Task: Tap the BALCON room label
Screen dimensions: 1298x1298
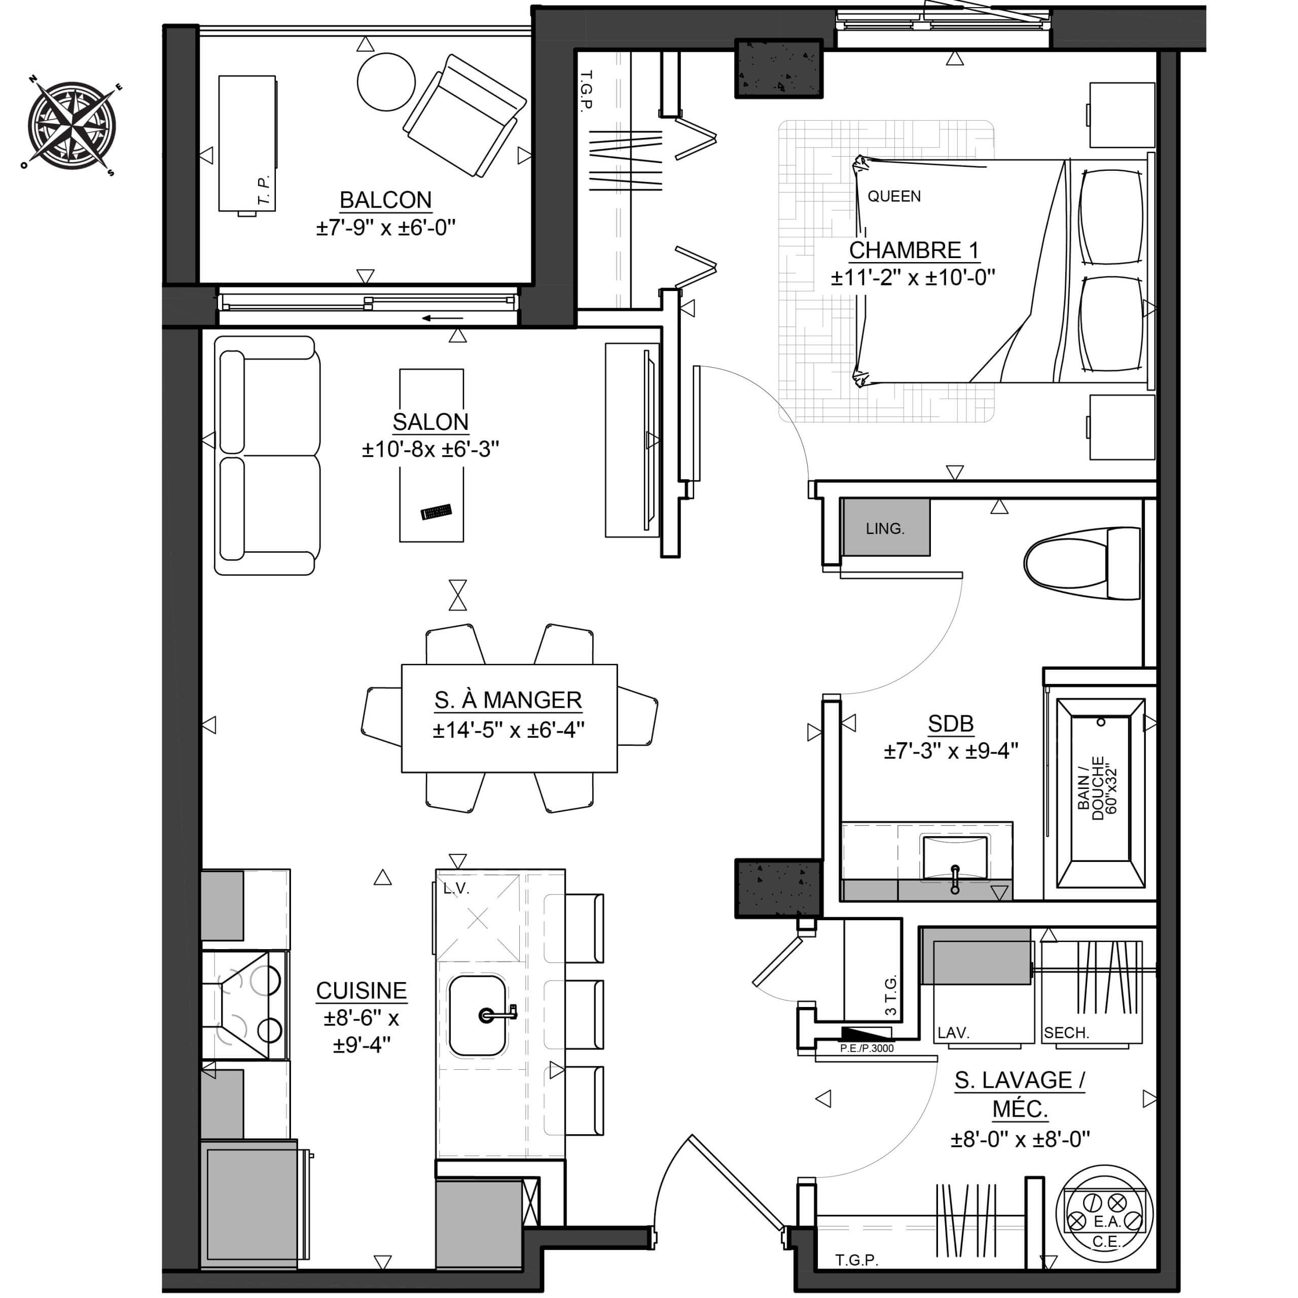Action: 386,200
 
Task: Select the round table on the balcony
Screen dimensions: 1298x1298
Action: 386,82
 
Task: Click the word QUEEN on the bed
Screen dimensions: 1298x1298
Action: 894,196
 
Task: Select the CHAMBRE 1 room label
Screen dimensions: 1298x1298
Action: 914,250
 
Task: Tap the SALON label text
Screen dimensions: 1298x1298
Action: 430,422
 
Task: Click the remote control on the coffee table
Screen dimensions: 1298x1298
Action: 436,512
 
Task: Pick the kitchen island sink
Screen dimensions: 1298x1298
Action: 478,1015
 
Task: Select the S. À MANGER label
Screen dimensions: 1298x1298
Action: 508,700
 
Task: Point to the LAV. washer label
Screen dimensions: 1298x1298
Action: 953,1033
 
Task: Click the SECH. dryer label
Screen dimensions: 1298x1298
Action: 1066,1033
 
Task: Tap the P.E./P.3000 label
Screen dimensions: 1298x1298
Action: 867,1048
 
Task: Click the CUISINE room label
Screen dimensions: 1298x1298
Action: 362,990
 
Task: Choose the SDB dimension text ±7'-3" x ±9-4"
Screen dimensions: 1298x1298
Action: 951,750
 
